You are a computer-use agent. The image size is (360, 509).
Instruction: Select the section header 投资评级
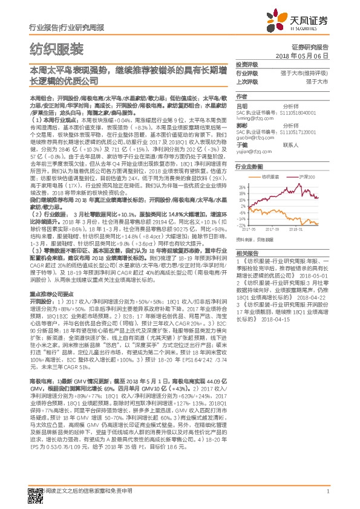point(246,64)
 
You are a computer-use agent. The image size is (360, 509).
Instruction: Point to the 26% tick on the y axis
point(242,187)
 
